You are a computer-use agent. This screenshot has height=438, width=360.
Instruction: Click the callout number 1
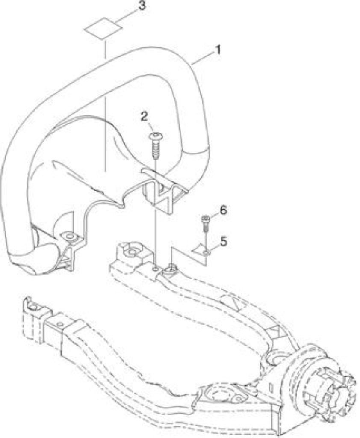point(218,50)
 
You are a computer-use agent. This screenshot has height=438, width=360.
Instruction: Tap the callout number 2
point(144,117)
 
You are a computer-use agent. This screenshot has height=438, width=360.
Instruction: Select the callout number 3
point(142,6)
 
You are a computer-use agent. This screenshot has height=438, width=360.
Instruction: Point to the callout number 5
point(224,242)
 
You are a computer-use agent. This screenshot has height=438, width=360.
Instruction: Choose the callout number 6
point(223,210)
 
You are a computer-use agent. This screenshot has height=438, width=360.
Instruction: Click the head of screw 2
point(156,136)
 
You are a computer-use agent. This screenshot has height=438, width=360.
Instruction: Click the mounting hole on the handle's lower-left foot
point(70,237)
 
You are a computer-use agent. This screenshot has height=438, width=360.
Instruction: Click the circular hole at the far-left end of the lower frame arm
point(33,307)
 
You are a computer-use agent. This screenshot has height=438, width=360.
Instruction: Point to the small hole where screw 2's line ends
point(156,269)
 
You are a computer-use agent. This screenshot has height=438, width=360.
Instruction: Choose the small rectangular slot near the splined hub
point(270,388)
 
